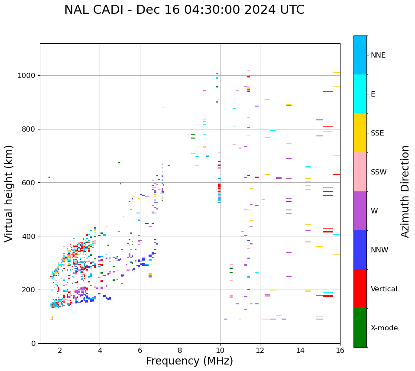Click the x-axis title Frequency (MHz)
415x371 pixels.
[189, 361]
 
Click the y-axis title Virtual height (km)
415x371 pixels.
[9, 194]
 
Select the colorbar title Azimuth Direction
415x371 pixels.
[405, 191]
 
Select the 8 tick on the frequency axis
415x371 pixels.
[180, 350]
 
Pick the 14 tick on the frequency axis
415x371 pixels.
[300, 350]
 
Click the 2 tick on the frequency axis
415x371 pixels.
[60, 350]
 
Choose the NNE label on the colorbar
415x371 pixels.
[378, 55]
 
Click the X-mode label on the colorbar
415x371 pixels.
[384, 328]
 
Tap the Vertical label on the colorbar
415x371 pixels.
[384, 289]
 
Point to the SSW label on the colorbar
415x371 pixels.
[379, 172]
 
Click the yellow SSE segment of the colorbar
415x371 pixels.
[360, 133]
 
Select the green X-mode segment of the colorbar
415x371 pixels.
[360, 328]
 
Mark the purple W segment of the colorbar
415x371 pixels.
[360, 211]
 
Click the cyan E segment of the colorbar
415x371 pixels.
[360, 94]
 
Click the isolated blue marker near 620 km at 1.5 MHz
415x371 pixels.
[49, 177]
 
